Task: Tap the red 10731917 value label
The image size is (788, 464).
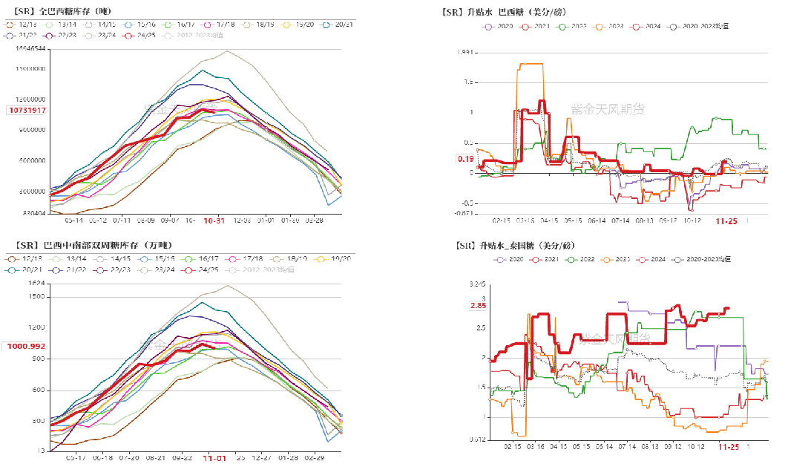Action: point(27,111)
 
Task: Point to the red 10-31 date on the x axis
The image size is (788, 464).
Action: point(214,220)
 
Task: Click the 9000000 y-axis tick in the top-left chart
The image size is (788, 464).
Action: point(30,131)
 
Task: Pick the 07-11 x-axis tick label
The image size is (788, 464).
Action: point(120,220)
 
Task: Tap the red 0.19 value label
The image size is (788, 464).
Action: point(465,159)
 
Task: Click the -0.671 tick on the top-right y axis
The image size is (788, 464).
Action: point(462,214)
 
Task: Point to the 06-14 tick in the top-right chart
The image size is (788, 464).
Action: point(597,220)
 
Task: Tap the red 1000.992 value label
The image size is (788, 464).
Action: point(27,346)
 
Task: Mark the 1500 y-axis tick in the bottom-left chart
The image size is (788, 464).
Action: point(36,296)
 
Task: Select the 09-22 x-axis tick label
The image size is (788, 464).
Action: point(183,458)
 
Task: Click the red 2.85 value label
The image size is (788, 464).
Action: point(478,306)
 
